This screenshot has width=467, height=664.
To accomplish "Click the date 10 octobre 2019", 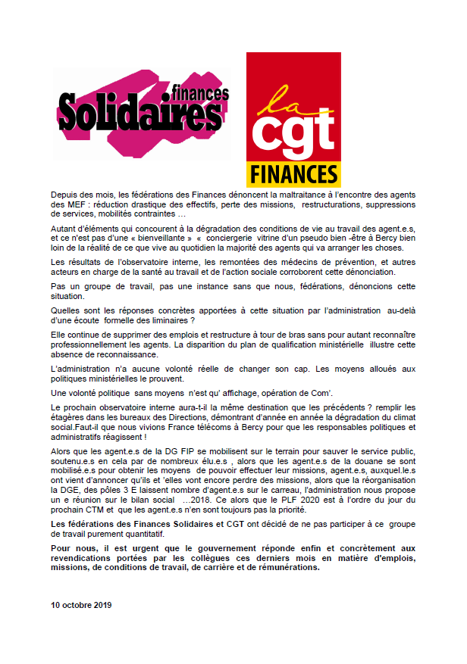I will (81, 606).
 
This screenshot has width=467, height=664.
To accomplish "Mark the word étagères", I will (71, 418).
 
